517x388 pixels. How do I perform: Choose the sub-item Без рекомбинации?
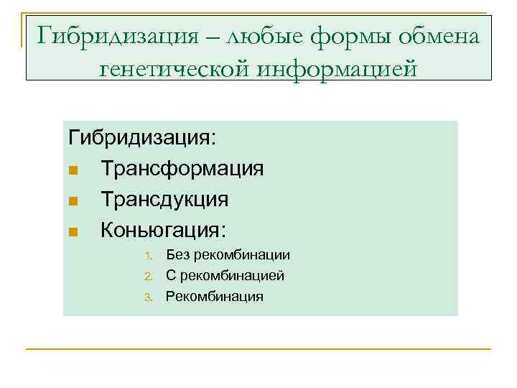(228, 255)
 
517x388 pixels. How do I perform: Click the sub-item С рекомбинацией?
(225, 275)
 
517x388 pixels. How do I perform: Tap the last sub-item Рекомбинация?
(214, 296)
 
